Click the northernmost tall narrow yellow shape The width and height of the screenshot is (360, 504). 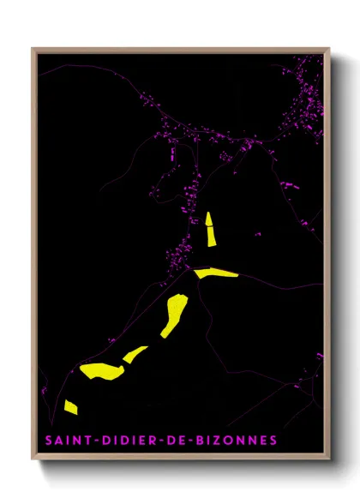[210, 230]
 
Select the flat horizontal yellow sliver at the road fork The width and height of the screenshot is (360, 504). [217, 273]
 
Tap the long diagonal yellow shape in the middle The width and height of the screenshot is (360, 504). [174, 315]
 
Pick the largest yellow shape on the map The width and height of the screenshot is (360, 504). [102, 370]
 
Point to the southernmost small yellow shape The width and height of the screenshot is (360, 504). [70, 406]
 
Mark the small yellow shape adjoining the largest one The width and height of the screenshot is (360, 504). [135, 353]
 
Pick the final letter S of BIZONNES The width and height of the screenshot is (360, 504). [273, 441]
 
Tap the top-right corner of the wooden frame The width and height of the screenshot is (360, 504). [329, 49]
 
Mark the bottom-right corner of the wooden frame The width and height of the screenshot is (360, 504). [329, 460]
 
